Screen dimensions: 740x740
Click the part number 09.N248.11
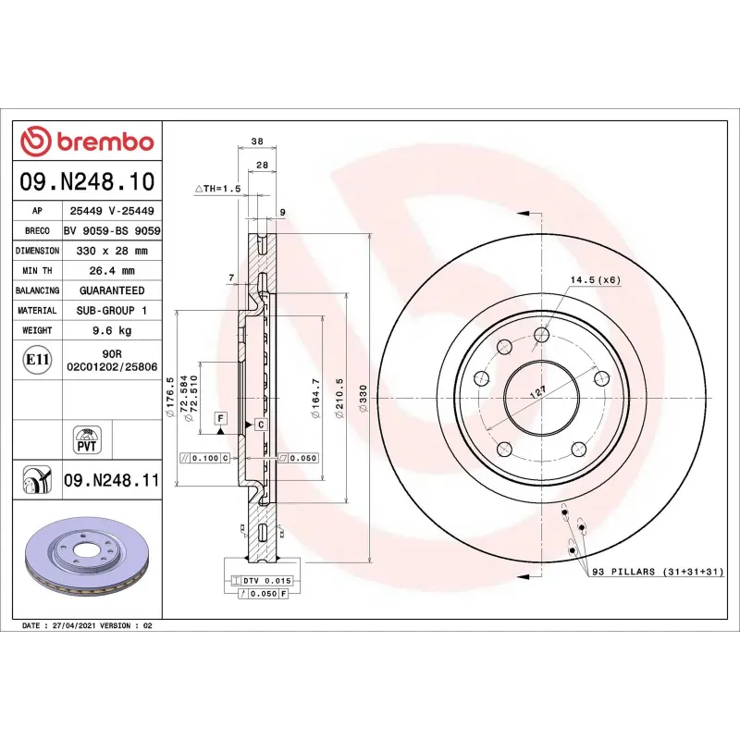(x=112, y=480)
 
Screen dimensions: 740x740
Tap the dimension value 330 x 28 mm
(x=111, y=251)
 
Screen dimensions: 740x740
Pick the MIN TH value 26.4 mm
(x=111, y=271)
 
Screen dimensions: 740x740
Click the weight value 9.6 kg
(x=111, y=330)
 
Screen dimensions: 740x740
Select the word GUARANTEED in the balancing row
(x=111, y=290)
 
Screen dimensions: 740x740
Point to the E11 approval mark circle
(x=38, y=359)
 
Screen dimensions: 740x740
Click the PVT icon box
(x=87, y=438)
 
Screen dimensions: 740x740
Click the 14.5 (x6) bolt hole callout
(x=595, y=278)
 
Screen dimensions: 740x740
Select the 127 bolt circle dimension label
(x=536, y=391)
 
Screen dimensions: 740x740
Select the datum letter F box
(x=221, y=418)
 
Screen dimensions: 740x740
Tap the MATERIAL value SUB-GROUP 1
(x=111, y=311)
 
